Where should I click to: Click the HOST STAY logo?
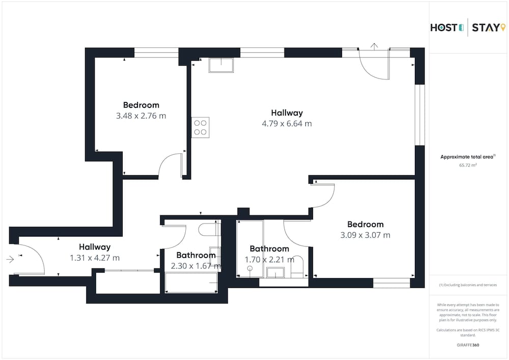(x=468, y=27)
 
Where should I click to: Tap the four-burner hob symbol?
(x=200, y=127)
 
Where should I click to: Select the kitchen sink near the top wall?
(x=221, y=65)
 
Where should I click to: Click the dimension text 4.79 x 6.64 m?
(x=287, y=124)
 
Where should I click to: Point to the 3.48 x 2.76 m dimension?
(x=141, y=116)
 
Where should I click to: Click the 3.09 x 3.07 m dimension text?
(x=365, y=235)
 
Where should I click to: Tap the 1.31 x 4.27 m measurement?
(x=95, y=258)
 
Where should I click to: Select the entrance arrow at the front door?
(x=10, y=259)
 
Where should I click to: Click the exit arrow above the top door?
(x=374, y=46)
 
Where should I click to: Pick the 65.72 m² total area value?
(x=468, y=165)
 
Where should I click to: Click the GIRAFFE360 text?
(x=468, y=345)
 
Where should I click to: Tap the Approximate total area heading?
(x=468, y=157)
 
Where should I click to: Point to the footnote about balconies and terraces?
(x=468, y=285)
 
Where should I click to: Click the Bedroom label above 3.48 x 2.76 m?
(x=141, y=105)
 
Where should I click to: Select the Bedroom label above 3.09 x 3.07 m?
(x=365, y=225)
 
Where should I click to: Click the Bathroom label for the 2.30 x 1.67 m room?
(x=196, y=255)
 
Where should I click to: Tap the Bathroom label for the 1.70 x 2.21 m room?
(x=269, y=248)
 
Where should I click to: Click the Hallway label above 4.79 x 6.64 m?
(x=287, y=113)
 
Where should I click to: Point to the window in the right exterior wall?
(x=420, y=115)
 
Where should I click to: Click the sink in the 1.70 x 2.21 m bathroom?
(x=275, y=273)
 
